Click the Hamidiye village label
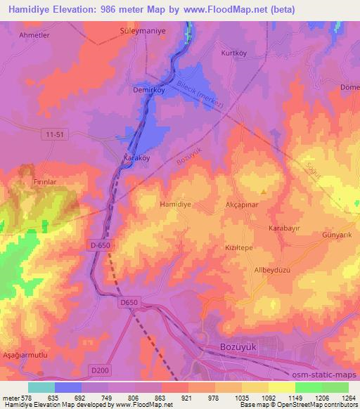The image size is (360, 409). [x=175, y=204]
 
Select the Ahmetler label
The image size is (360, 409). [x=34, y=34]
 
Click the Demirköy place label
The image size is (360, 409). [x=148, y=90]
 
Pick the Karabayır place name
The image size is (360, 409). [x=284, y=229]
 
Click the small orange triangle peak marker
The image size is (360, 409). [x=264, y=190]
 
